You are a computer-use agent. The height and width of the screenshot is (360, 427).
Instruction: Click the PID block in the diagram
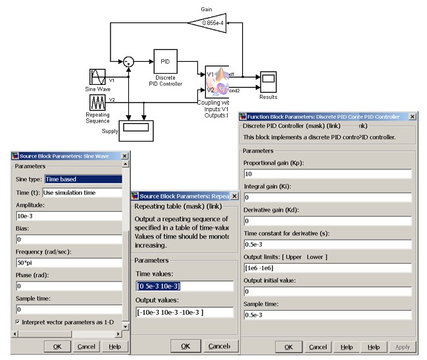(x=165, y=61)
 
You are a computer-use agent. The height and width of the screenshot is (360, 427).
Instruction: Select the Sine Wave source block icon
(x=97, y=76)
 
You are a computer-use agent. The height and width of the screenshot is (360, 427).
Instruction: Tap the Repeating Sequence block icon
(x=97, y=102)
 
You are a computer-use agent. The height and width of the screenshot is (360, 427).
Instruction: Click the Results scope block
(x=268, y=82)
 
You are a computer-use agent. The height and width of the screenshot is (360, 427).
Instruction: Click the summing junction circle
(x=129, y=61)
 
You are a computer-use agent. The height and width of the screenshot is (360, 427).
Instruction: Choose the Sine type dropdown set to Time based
(x=83, y=178)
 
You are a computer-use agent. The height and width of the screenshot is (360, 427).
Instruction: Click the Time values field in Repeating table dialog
(x=184, y=286)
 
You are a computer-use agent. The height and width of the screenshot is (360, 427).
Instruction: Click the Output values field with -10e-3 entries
(x=184, y=312)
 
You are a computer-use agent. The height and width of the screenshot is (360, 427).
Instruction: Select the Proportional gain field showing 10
(x=327, y=174)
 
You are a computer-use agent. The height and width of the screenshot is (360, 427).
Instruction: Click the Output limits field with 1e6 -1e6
(x=327, y=269)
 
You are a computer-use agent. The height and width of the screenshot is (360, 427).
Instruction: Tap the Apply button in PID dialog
(x=402, y=347)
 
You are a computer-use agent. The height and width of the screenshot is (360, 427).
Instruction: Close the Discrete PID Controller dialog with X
(x=412, y=116)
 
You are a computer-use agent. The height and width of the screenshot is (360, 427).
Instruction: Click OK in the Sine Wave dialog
(x=57, y=346)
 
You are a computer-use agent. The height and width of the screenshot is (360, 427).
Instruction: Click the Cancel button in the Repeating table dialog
(x=218, y=346)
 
